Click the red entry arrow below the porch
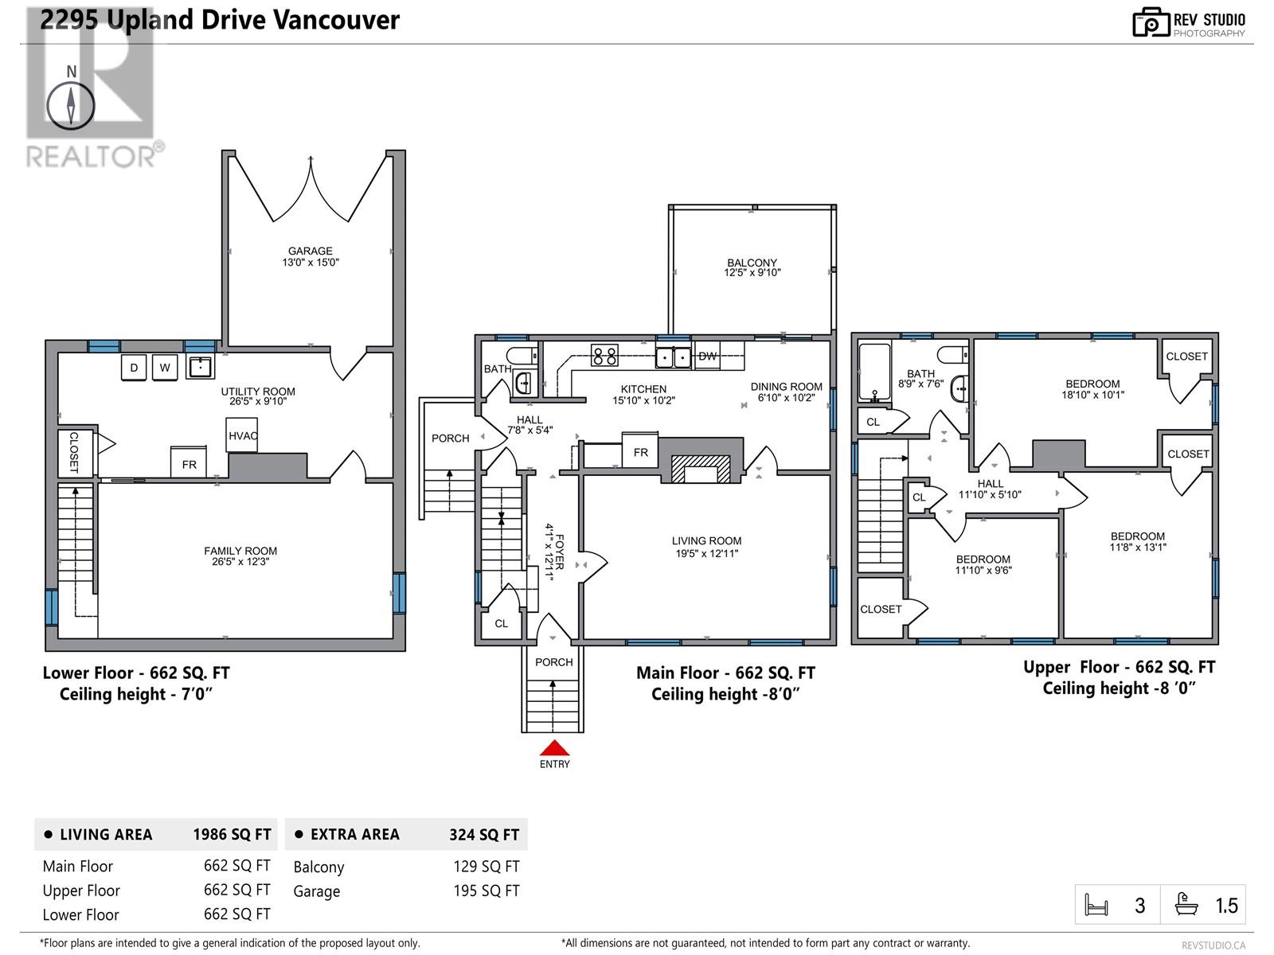(554, 747)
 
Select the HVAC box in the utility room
(241, 435)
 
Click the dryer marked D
(134, 368)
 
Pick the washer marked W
(165, 368)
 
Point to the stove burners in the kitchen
(604, 355)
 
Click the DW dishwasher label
(707, 356)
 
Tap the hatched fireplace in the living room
(701, 469)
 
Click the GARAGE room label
(311, 251)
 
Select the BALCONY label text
(752, 263)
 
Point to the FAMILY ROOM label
(240, 551)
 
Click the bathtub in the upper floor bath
(874, 372)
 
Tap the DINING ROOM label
(787, 387)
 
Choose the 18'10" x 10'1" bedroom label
(1093, 395)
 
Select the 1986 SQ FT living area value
(232, 834)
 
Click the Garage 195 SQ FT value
(487, 891)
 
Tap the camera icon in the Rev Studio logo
(1151, 22)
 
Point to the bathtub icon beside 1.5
(1186, 905)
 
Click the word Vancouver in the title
(336, 20)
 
